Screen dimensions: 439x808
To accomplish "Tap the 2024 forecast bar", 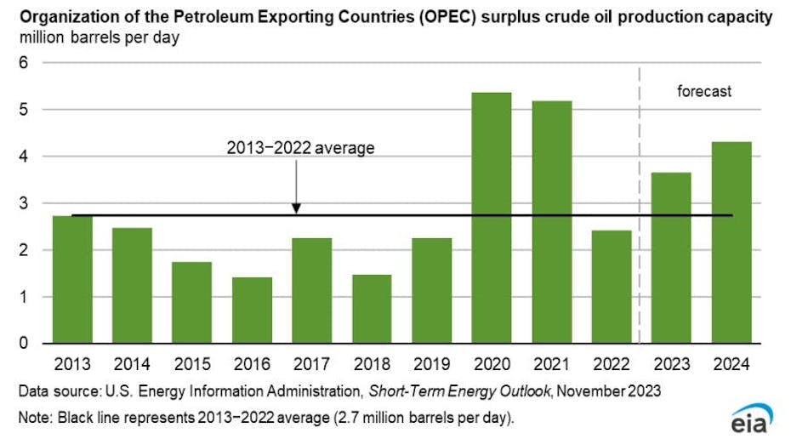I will tap(731, 242).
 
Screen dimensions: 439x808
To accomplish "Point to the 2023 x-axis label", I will tap(672, 363).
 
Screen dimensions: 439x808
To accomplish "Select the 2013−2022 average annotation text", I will tap(300, 148).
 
